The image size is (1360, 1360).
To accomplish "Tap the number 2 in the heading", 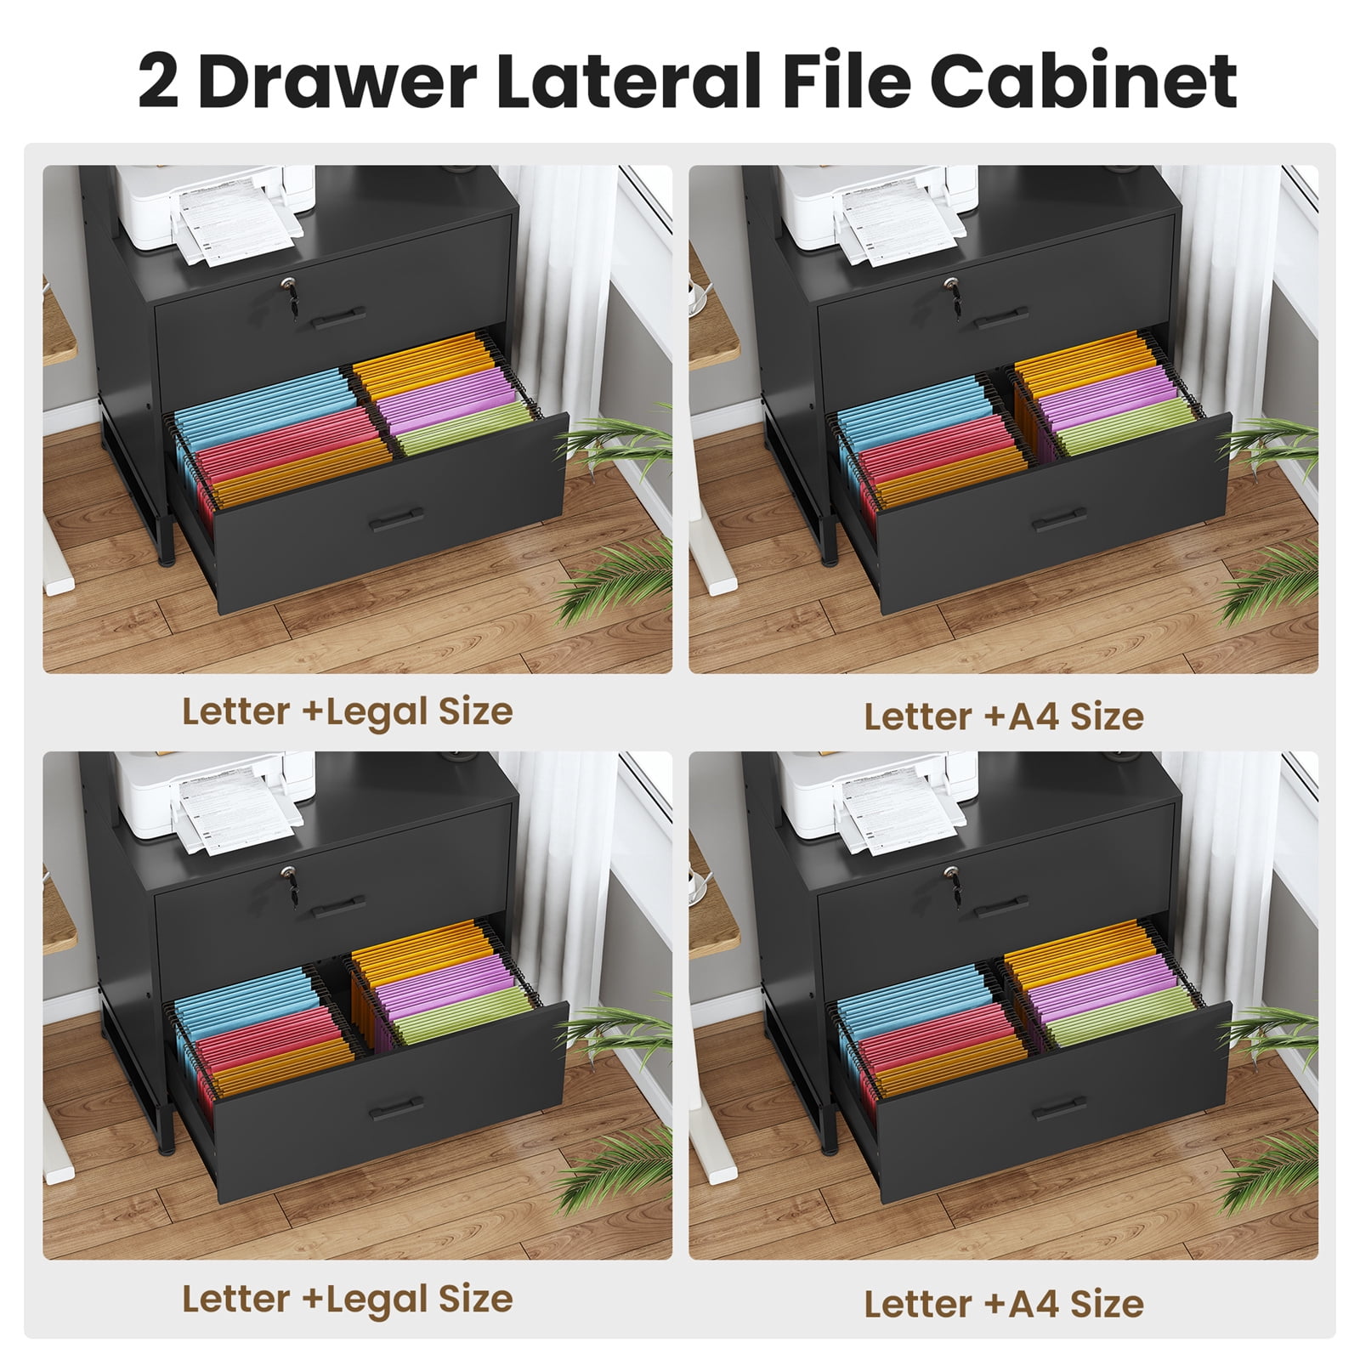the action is [159, 82].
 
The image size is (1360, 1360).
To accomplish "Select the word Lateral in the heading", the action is [628, 81].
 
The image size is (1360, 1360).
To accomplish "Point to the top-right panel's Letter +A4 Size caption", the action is [1004, 717].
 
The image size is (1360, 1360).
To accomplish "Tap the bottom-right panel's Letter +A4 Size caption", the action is [1004, 1304].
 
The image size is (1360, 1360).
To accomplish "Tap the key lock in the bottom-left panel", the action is [289, 876].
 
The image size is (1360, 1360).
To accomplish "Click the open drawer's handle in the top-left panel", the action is [397, 519].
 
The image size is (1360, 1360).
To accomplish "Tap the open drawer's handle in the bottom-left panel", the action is [397, 1107].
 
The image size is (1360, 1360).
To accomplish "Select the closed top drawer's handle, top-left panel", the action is [337, 318].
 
